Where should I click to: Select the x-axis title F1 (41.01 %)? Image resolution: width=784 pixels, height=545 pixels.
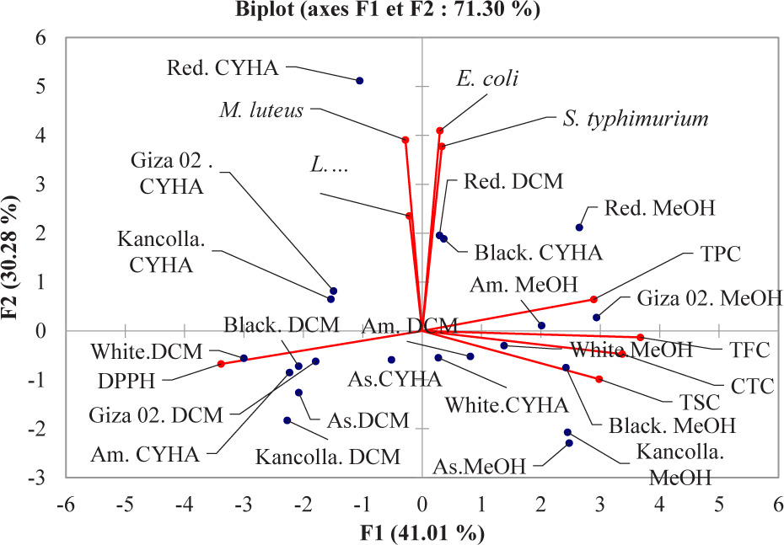(422, 533)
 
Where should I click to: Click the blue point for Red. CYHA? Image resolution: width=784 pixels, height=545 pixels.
(360, 81)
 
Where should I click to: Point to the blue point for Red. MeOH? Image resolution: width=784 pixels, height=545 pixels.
(579, 227)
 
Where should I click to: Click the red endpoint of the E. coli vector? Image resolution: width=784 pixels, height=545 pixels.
(440, 131)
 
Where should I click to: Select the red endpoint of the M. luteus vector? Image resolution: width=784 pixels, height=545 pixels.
(405, 140)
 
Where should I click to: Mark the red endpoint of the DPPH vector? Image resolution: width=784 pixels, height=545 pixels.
(221, 364)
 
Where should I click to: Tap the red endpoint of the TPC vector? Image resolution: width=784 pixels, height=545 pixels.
(593, 300)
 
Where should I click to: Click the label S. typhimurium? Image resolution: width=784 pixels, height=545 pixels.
(635, 120)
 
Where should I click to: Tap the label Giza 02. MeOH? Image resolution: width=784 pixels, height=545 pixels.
(710, 297)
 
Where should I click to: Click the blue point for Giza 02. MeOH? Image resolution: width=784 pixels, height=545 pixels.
(596, 318)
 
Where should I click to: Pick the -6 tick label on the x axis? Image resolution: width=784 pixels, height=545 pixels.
(66, 508)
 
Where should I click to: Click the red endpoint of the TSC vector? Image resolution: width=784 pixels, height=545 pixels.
(599, 379)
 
